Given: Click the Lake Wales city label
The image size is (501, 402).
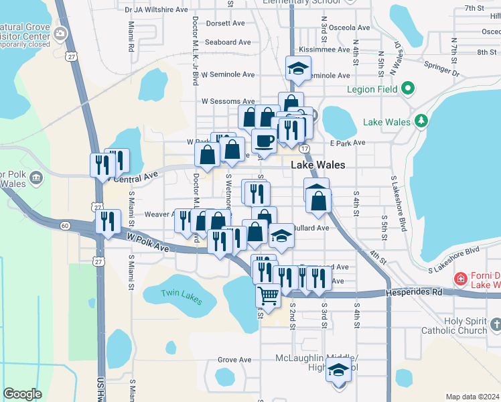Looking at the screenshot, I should (318, 165).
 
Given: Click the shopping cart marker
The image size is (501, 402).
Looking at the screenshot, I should (268, 295).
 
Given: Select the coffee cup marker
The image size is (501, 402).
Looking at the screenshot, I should (264, 141).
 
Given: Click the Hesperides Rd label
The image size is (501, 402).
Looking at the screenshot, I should (414, 292).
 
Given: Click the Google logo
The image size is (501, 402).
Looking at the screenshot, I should (22, 394).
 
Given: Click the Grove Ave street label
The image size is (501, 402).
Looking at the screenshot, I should (234, 360).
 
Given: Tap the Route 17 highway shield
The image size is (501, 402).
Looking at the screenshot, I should (305, 148).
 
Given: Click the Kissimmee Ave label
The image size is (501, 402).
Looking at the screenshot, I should (325, 50).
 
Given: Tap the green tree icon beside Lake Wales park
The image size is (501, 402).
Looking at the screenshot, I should (421, 121).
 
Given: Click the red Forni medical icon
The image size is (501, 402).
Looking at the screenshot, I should (460, 278).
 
